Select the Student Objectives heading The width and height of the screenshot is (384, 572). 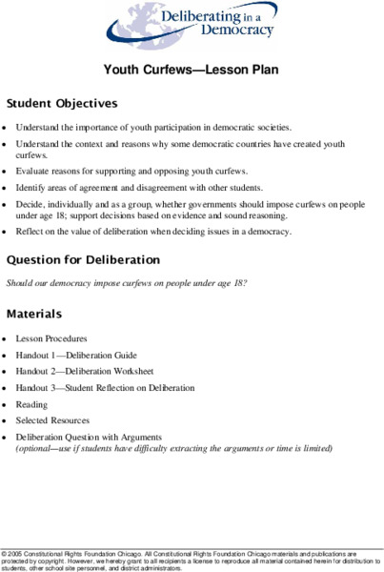[61, 102]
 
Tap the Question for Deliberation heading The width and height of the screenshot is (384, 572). [83, 259]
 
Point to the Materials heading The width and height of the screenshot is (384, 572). [34, 314]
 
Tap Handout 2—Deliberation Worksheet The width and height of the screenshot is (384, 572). [84, 371]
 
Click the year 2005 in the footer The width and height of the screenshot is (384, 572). [19, 553]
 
